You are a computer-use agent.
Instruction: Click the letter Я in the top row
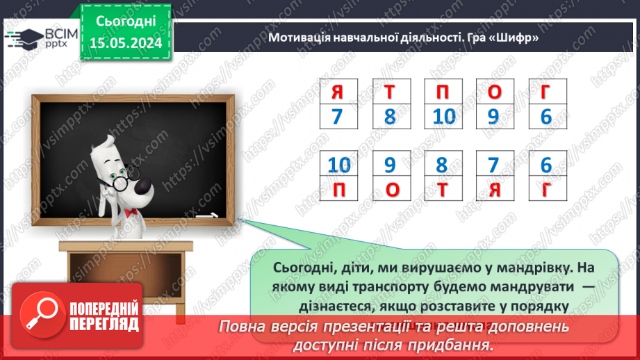[x=338, y=91]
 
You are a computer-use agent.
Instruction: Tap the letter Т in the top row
[x=390, y=91]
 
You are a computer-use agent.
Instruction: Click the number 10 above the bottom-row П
[x=338, y=165]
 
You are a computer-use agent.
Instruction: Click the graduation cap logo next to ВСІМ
[x=24, y=38]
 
